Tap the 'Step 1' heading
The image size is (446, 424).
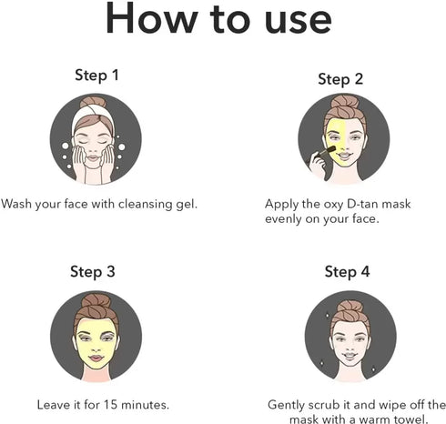(96, 76)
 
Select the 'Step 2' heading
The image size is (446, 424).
(340, 79)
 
